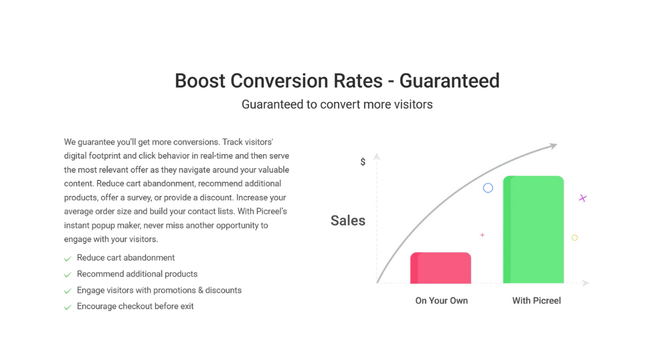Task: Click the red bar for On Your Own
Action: coord(441,268)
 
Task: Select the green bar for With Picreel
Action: coord(533,229)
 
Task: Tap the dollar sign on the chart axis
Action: coord(363,161)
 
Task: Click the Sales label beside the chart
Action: coord(347,220)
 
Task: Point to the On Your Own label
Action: coord(442,301)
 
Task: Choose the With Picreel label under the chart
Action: coord(536,301)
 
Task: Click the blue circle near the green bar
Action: coord(488,188)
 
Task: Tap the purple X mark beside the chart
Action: coord(583,198)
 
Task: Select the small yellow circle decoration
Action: coord(575,238)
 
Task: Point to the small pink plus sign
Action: coord(482,235)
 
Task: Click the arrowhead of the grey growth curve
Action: coord(553,146)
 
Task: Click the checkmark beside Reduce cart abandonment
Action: coord(67,259)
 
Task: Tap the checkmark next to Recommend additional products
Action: coord(67,275)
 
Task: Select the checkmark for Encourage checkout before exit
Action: coord(67,307)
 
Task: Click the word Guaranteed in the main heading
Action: coord(449,81)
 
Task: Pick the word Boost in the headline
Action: coord(200,81)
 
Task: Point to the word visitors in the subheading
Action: coord(413,104)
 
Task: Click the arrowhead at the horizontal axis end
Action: coord(586,283)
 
